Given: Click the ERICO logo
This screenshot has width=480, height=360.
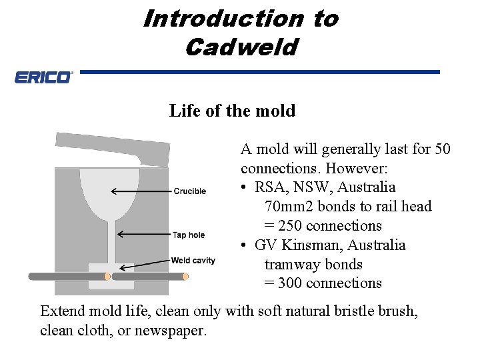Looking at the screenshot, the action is click(x=43, y=77).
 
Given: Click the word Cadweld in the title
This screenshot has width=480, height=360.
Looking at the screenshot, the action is click(x=241, y=47).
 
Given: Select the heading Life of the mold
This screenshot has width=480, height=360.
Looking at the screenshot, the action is click(x=232, y=111).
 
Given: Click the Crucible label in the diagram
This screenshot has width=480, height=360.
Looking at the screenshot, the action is click(x=190, y=191).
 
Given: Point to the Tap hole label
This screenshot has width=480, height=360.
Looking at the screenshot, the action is click(x=189, y=235).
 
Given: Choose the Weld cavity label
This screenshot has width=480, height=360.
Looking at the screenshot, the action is click(x=193, y=260).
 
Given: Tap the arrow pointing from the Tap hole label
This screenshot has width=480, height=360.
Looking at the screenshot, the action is click(x=143, y=234).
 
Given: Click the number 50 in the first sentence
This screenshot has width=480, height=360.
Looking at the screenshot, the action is click(x=442, y=149).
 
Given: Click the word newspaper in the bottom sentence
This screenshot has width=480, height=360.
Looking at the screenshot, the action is click(x=171, y=331).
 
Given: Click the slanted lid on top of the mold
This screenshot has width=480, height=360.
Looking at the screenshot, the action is click(x=113, y=148).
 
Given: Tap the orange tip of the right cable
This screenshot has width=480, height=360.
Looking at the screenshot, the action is click(x=185, y=275).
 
